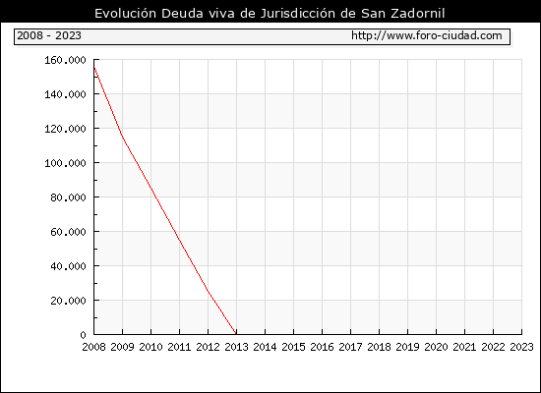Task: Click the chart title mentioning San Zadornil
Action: [x=270, y=13]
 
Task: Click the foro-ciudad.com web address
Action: [x=427, y=35]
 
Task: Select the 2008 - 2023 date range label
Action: [x=49, y=35]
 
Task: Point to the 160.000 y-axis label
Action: [x=65, y=60]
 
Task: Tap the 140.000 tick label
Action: [x=65, y=94]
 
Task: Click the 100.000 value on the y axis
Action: [x=65, y=163]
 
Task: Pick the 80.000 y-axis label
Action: [x=68, y=197]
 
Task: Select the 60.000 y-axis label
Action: [x=68, y=232]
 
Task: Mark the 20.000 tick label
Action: [x=68, y=301]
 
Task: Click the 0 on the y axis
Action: [x=84, y=335]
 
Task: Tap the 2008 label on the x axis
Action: [x=93, y=347]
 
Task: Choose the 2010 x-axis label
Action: [x=150, y=347]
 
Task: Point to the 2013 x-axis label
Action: [x=236, y=347]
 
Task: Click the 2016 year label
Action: [x=322, y=347]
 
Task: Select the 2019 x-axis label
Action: [x=407, y=347]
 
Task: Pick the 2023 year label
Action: [x=521, y=347]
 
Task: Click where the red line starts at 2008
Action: [x=94, y=67]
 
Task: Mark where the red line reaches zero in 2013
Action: [x=236, y=334]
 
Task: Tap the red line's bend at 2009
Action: [x=123, y=137]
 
